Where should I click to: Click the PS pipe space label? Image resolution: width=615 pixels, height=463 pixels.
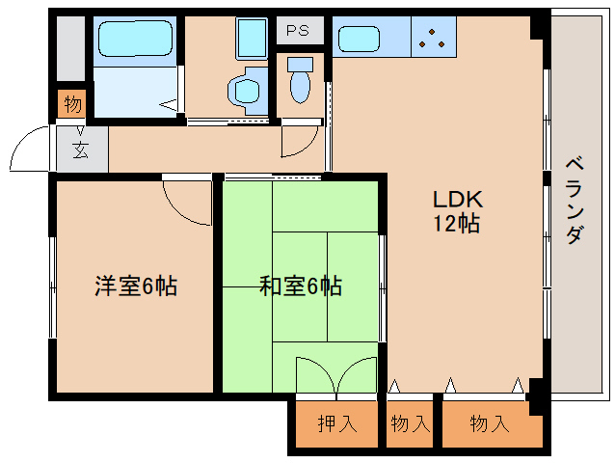(x=297, y=30)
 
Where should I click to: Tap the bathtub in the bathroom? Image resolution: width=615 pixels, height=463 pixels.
(x=135, y=39)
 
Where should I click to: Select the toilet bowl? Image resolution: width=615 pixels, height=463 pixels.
(x=300, y=87)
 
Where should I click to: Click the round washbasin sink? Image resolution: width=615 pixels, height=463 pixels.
(x=247, y=91)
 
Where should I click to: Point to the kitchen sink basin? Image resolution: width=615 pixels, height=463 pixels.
(x=359, y=39)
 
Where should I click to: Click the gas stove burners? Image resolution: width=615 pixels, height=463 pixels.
(x=432, y=39)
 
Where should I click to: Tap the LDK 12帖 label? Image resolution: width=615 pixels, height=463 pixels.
(x=457, y=211)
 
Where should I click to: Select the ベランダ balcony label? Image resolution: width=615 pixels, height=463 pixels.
(x=575, y=200)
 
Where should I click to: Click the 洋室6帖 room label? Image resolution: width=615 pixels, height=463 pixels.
(x=136, y=286)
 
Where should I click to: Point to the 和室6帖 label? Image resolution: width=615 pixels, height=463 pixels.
(x=301, y=286)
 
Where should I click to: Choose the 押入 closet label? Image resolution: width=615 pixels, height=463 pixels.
(x=337, y=423)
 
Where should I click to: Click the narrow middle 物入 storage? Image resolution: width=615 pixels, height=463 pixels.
(x=410, y=423)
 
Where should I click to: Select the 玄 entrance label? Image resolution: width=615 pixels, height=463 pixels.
(x=81, y=150)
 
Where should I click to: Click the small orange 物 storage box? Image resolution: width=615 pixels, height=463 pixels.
(x=71, y=104)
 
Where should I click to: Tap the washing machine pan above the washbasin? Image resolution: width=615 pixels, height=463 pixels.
(x=252, y=39)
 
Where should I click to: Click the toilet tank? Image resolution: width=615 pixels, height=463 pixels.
(x=300, y=65)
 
